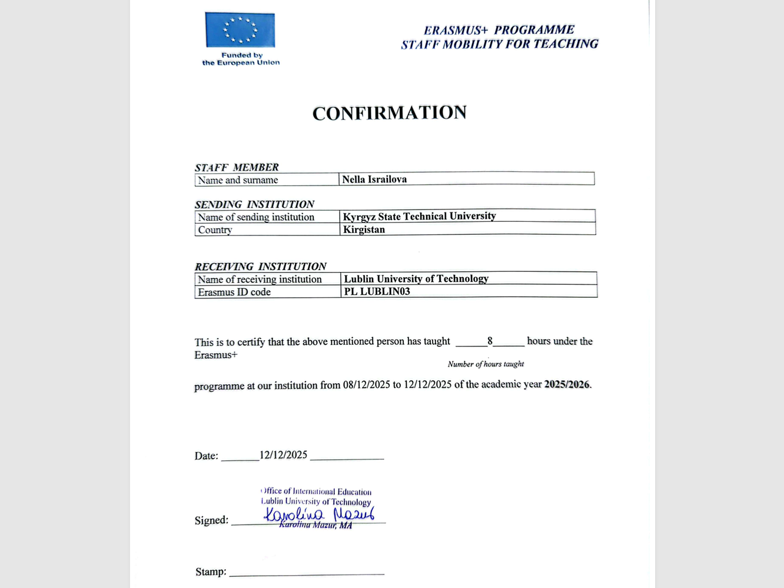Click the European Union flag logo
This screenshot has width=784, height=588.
(240, 29)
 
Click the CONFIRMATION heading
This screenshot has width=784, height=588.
(390, 112)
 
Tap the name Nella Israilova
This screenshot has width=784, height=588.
(374, 180)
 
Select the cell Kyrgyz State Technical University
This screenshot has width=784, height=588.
(419, 216)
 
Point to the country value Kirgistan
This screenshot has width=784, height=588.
(364, 230)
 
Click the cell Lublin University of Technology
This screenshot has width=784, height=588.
(416, 278)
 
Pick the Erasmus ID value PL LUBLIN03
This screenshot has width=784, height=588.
(377, 291)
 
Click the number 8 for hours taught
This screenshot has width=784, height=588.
(490, 341)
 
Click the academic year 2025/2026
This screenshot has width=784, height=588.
(567, 384)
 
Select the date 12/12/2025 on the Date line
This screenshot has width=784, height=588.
(283, 455)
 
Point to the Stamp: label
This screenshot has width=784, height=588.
(211, 572)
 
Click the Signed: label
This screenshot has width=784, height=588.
(211, 520)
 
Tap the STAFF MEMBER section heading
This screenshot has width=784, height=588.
(237, 167)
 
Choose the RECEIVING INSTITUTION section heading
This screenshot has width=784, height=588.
(260, 266)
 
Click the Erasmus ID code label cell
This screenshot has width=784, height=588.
(234, 292)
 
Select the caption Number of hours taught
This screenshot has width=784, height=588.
(486, 364)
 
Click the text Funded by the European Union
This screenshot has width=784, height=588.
(241, 59)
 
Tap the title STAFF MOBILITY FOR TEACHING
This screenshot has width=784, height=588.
(500, 44)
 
